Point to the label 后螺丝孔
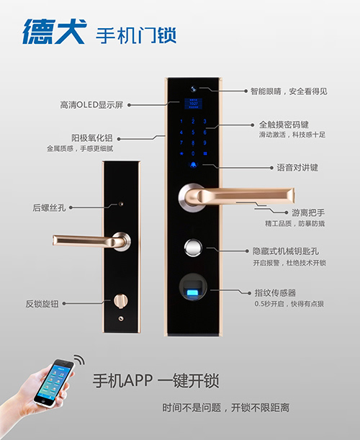[x=48, y=207]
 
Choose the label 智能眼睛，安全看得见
[x=288, y=91]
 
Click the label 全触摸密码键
[x=287, y=125]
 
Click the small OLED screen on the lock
[x=193, y=103]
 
